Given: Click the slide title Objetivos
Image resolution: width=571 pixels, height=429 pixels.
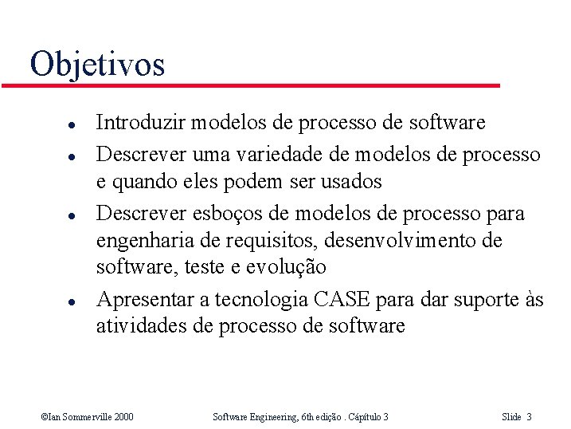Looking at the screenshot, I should click(97, 64).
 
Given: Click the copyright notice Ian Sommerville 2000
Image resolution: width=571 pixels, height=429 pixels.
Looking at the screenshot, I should click(87, 416).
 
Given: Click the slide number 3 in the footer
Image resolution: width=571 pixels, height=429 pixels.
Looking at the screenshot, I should click(530, 416).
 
